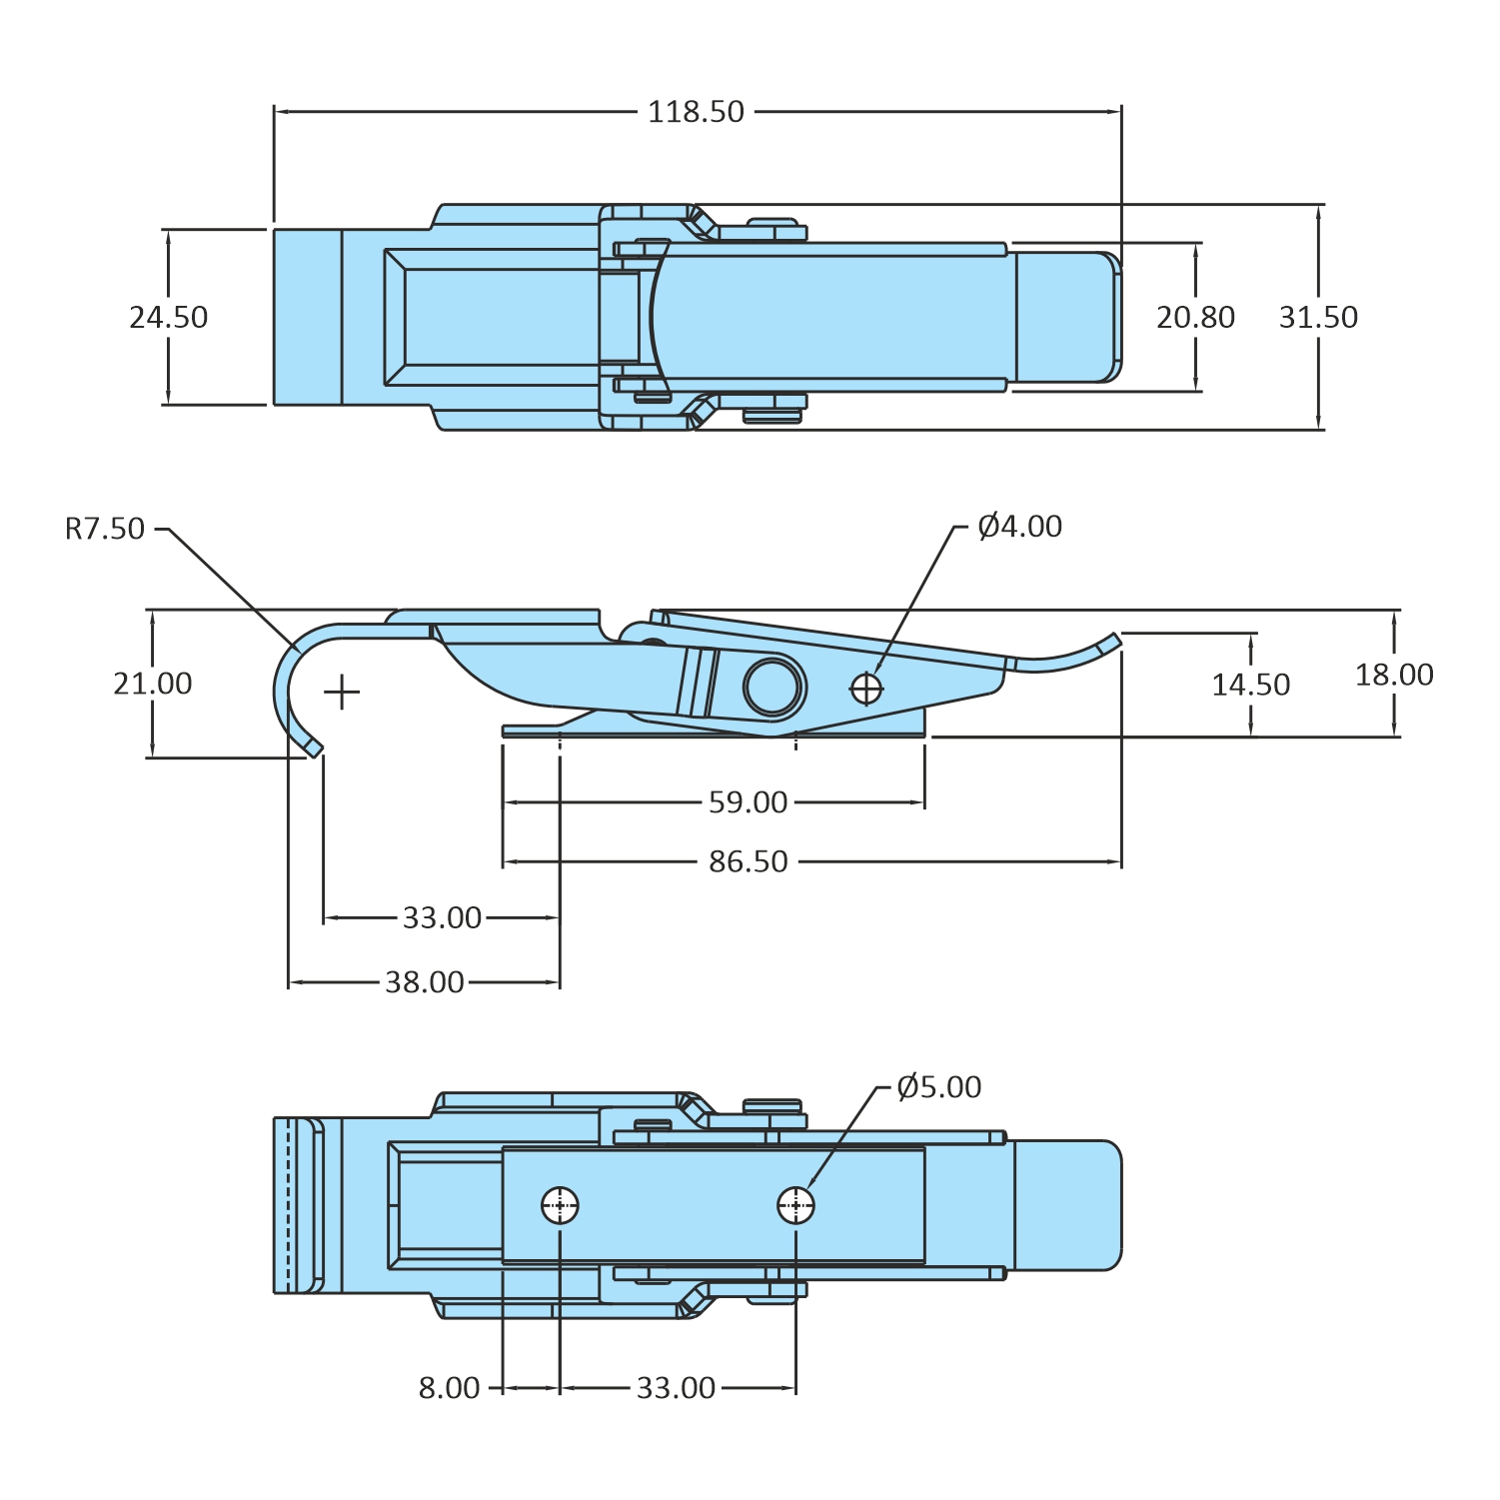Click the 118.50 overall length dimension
coord(696,112)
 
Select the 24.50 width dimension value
coord(168,318)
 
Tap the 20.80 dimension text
coord(1195,318)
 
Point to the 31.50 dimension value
coord(1318,318)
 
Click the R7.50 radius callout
coord(105,529)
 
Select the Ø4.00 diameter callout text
coord(1019,527)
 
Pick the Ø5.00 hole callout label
coord(938,1087)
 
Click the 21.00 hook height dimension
coord(152,684)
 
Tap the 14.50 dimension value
coord(1250,686)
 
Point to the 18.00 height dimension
coord(1394,676)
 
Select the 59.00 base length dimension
coord(748,802)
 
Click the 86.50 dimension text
coord(748,861)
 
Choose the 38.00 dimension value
coord(425,982)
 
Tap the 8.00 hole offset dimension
coord(449,1388)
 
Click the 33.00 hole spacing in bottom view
coord(676,1388)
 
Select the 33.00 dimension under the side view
coord(442,917)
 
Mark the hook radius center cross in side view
coord(342,692)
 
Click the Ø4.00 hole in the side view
coord(866,689)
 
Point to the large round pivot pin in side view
coord(773,686)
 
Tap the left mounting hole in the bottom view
coord(560,1205)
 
